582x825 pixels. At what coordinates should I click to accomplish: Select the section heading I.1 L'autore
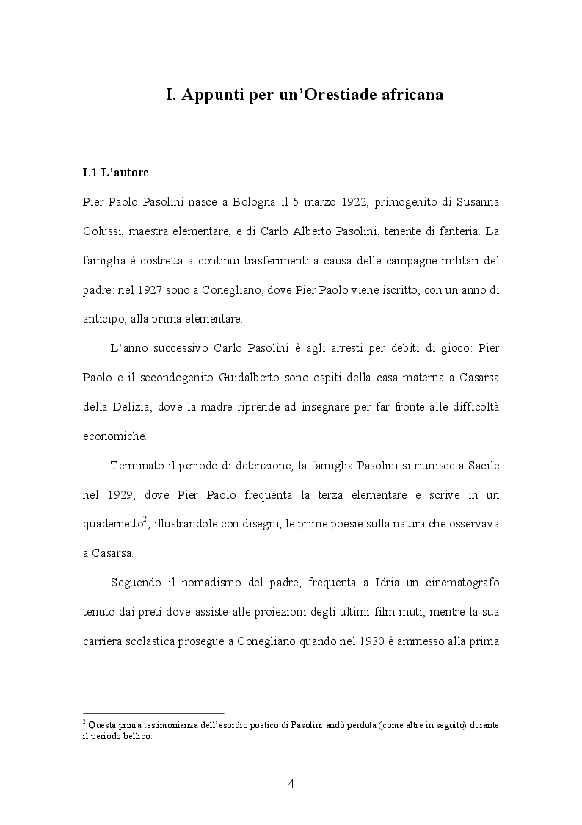(115, 173)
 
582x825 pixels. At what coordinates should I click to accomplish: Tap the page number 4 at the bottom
(291, 784)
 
